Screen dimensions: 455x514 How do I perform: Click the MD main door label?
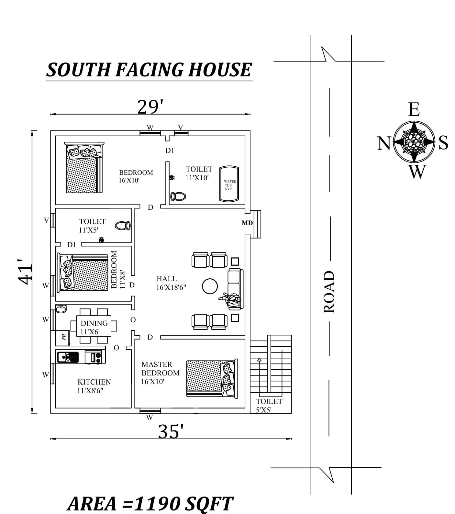(x=247, y=223)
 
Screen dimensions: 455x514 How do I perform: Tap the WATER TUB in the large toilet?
(x=229, y=184)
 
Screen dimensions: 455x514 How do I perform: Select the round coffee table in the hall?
(x=210, y=286)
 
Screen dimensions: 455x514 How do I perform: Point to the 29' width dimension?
(x=150, y=107)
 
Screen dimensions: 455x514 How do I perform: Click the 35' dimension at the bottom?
(x=171, y=431)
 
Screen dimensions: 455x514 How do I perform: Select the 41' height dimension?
(x=25, y=271)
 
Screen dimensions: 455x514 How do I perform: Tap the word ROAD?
(x=329, y=292)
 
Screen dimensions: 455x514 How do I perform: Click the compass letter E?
(x=414, y=109)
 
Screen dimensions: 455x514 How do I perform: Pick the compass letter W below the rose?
(x=417, y=172)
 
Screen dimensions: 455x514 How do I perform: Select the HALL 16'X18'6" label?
(x=171, y=283)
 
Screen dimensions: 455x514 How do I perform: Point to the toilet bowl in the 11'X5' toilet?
(x=123, y=226)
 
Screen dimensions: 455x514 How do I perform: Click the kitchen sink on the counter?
(x=68, y=357)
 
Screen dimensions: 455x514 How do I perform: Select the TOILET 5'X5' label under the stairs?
(x=269, y=406)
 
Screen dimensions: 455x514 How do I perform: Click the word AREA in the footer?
(x=93, y=504)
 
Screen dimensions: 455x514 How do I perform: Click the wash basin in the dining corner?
(x=61, y=309)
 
